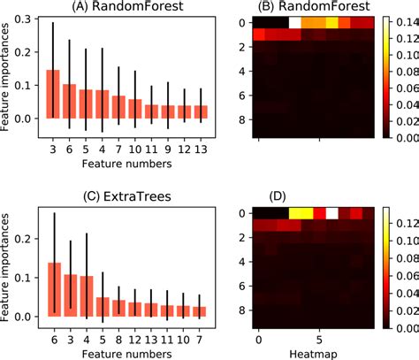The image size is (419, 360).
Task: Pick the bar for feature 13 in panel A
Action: pyautogui.click(x=202, y=111)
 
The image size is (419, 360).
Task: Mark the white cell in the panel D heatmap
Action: pyautogui.click(x=332, y=213)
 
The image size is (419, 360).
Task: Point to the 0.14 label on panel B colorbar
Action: pyautogui.click(x=402, y=19)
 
